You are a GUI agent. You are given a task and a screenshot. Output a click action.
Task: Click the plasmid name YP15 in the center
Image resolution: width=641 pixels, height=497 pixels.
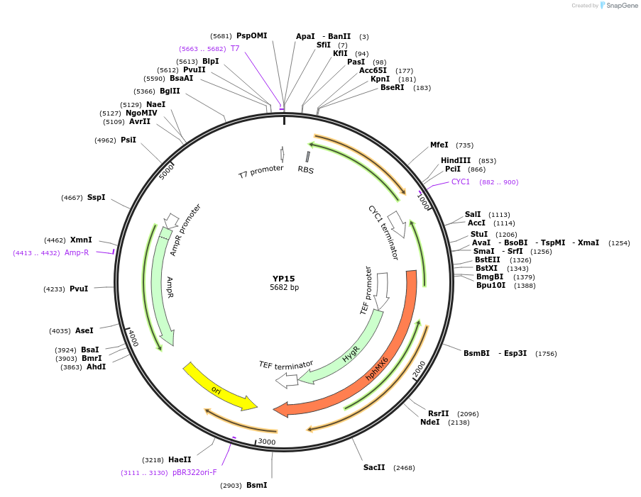pyautogui.click(x=283, y=279)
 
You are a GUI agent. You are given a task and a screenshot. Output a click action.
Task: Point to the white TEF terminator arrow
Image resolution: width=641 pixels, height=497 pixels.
pyautogui.click(x=287, y=381)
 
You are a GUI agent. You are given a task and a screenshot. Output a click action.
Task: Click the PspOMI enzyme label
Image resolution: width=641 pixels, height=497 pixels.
pyautogui.click(x=252, y=35)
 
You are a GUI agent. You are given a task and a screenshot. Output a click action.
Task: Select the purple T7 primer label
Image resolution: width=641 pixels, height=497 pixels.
pyautogui.click(x=235, y=48)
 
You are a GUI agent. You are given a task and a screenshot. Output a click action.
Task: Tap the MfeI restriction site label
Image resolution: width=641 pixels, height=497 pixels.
pyautogui.click(x=439, y=145)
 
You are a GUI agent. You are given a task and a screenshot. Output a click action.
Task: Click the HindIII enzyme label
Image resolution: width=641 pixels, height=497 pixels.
pyautogui.click(x=456, y=160)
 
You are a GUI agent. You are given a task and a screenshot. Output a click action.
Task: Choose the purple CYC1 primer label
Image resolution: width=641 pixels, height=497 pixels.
pyautogui.click(x=461, y=182)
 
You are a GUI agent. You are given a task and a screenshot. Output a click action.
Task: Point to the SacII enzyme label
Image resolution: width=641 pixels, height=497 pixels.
pyautogui.click(x=374, y=467)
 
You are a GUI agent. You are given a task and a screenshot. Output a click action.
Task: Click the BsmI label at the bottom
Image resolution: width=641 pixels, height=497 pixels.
pyautogui.click(x=257, y=485)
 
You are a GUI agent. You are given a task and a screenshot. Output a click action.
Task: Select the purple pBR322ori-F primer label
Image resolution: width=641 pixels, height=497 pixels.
pyautogui.click(x=195, y=472)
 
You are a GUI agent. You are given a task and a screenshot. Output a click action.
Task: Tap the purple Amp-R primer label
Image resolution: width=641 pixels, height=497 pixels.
pyautogui.click(x=77, y=252)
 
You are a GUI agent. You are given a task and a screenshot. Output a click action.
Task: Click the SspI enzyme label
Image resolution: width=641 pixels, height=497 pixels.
pyautogui.click(x=96, y=197)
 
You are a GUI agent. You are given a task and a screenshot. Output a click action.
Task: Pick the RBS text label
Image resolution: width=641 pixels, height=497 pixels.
pyautogui.click(x=305, y=170)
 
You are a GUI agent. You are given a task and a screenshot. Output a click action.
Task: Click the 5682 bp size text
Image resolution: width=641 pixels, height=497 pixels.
pyautogui.click(x=284, y=288)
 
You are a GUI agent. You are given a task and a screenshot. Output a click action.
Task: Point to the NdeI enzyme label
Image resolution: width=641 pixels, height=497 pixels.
pyautogui.click(x=429, y=422)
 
